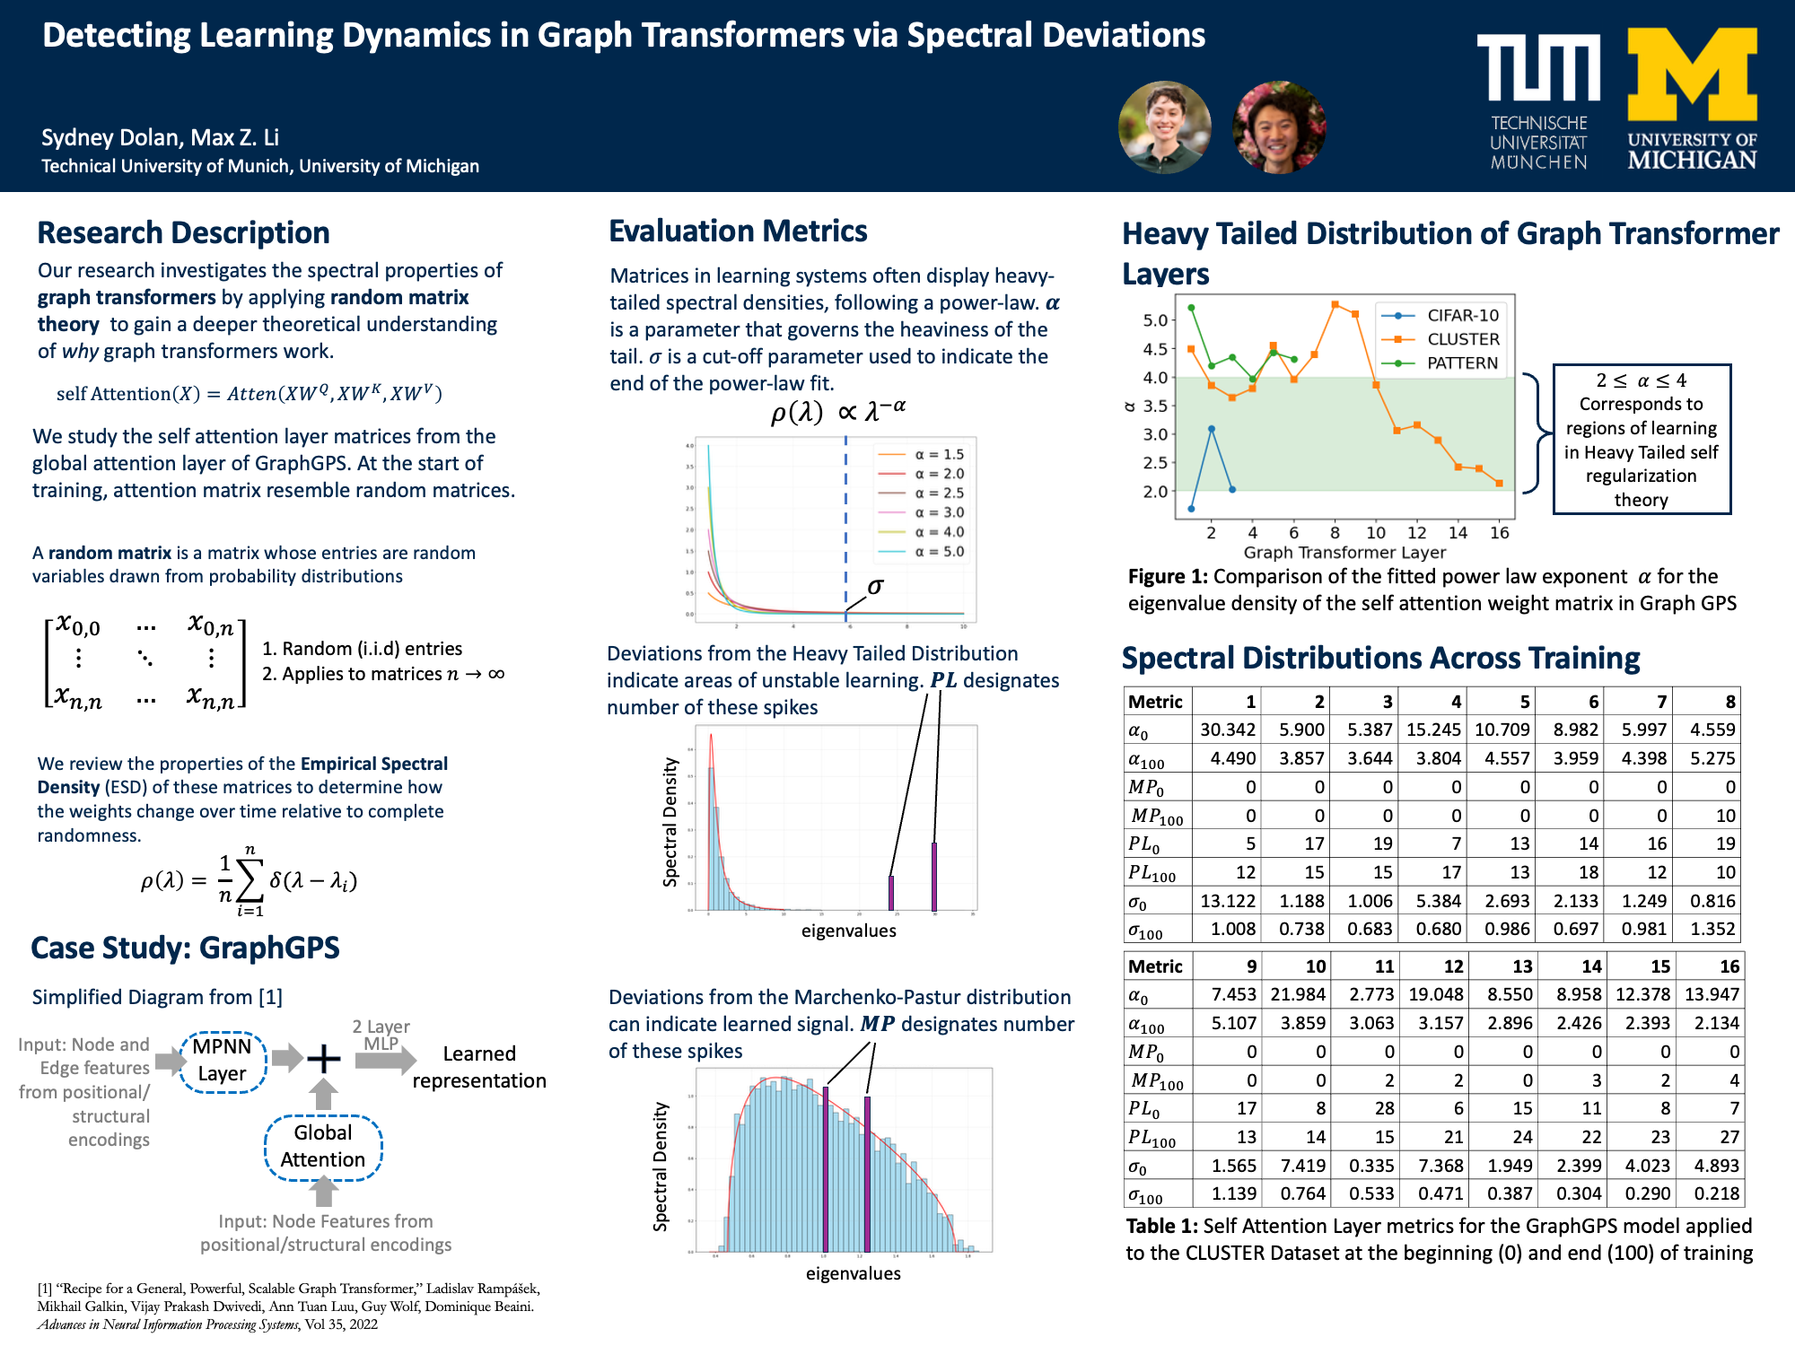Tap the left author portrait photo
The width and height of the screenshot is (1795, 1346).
coord(1164,127)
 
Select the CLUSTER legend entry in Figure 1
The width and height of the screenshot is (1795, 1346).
coord(1462,339)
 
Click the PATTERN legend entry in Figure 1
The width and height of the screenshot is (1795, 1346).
coord(1462,363)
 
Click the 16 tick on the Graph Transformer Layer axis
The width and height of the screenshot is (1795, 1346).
coord(1499,533)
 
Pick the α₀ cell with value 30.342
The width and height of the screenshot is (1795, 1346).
coord(1227,730)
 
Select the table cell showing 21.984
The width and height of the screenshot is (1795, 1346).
coord(1297,994)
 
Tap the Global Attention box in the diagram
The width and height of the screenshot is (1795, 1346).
coord(323,1146)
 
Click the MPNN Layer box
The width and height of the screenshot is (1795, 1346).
coord(223,1060)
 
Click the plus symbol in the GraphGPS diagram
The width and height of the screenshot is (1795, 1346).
coord(323,1059)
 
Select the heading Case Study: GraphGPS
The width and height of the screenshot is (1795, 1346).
coord(185,948)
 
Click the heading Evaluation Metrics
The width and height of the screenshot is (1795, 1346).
coord(738,232)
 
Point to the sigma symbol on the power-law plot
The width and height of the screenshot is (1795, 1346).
coord(875,586)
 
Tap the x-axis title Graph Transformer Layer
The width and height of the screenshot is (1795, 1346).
coord(1344,553)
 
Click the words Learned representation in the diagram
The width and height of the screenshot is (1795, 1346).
coord(479,1067)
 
